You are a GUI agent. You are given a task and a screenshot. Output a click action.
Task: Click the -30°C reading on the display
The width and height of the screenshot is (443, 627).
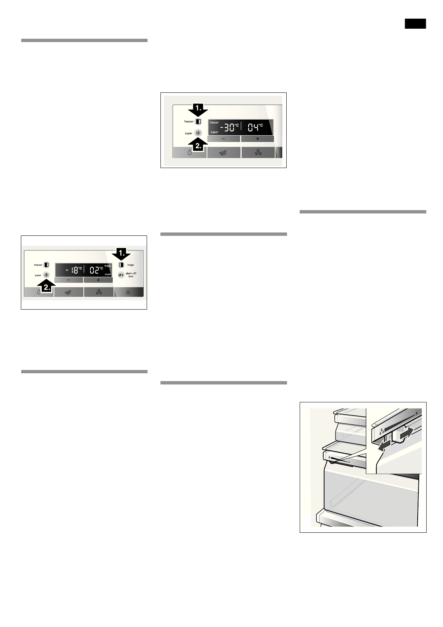point(228,127)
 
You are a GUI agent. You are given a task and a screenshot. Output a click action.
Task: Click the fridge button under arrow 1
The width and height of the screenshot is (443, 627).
point(121,265)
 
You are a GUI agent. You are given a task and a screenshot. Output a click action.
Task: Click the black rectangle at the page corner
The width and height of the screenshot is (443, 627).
point(415,23)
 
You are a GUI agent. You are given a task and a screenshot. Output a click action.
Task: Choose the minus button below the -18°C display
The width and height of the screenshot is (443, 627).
point(68,280)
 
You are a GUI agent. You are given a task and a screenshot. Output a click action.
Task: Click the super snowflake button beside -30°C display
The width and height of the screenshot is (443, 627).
point(198,133)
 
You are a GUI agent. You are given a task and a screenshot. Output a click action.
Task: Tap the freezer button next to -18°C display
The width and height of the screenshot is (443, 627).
point(47,265)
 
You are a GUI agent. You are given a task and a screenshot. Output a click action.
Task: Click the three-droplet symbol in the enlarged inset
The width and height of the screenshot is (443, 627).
point(381,432)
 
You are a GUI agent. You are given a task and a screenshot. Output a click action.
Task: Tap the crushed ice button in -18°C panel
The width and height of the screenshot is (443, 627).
point(68,292)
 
